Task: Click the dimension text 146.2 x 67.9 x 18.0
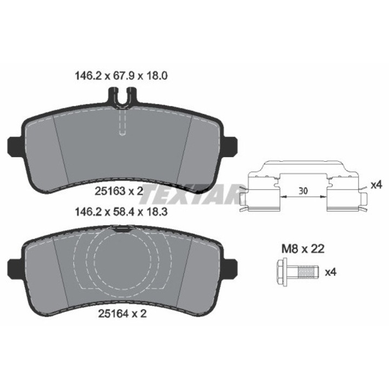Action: click(x=119, y=77)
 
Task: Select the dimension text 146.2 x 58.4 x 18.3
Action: click(x=119, y=212)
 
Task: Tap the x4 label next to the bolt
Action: click(x=330, y=271)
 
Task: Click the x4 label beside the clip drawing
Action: click(x=377, y=185)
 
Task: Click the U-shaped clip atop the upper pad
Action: click(x=123, y=97)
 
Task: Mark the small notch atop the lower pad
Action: click(x=123, y=229)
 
